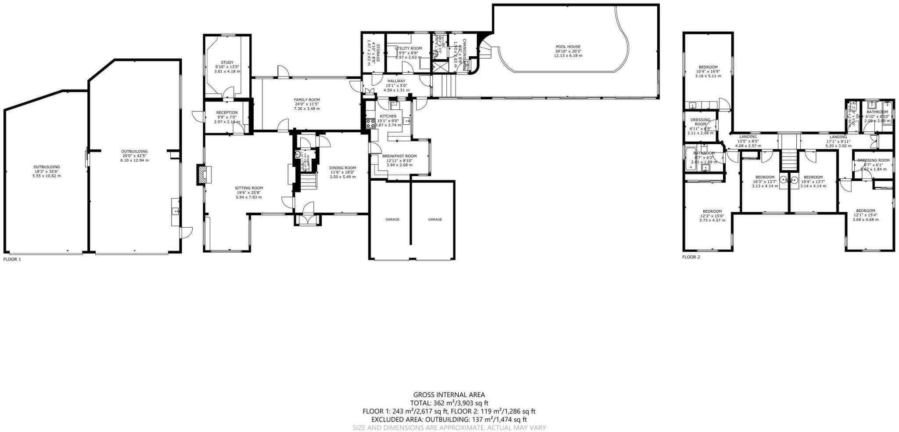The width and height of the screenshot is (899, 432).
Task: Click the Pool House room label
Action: coord(568,47)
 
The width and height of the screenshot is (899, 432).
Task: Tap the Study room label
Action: coord(227,63)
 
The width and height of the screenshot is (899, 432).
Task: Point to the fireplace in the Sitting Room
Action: coord(204,174)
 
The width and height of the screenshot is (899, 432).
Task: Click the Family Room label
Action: coord(307,100)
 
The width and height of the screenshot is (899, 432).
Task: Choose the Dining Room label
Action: coord(342,168)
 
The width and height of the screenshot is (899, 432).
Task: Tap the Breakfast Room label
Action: coord(399,156)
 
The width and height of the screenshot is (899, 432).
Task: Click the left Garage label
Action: coord(392,219)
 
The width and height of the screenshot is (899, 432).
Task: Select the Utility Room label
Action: coord(408,48)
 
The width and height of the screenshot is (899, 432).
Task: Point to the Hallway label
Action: coord(396,81)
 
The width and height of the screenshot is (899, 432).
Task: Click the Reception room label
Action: coord(227,113)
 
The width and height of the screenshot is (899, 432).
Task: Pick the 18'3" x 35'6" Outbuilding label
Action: coord(47,167)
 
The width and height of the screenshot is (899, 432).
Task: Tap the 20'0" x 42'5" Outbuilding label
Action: coord(134,152)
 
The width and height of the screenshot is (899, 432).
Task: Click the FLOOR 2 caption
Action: coord(691,257)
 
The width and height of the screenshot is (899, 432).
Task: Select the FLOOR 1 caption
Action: coord(12,259)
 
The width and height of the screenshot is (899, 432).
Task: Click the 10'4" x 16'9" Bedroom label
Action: coord(708,67)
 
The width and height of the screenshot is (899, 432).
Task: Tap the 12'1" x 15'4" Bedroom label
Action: coord(865,211)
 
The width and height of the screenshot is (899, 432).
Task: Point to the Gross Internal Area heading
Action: coord(449,395)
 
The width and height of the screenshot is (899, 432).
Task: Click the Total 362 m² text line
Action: coord(449,403)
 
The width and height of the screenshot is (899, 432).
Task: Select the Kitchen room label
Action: coord(388,116)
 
